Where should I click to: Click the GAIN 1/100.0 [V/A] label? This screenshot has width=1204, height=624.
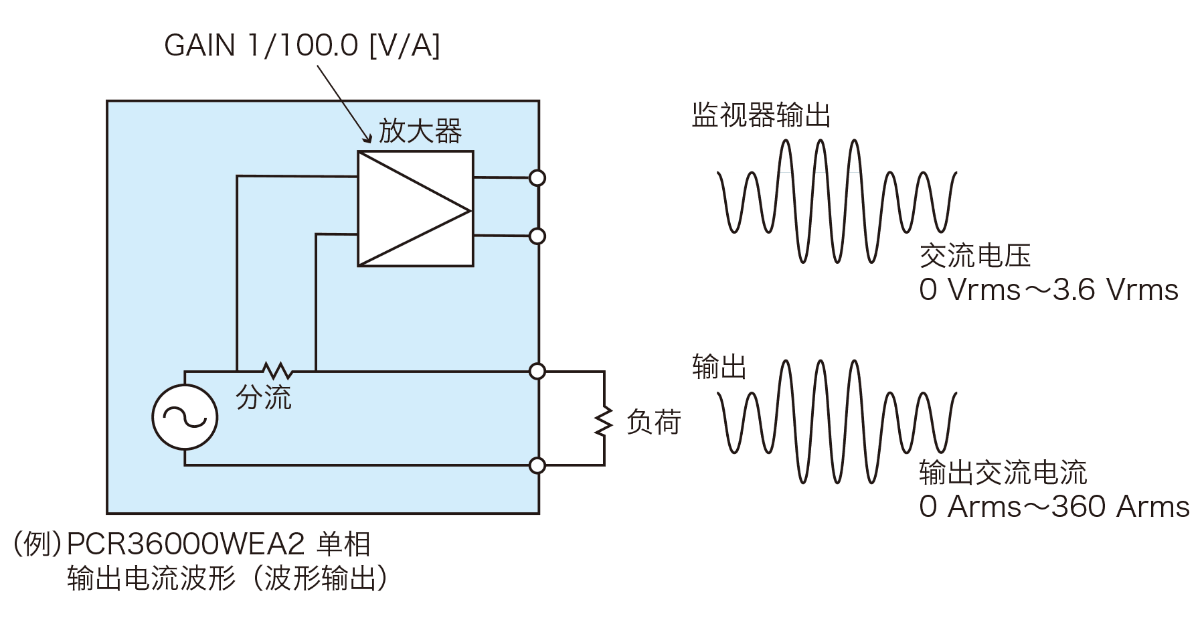pos(302,46)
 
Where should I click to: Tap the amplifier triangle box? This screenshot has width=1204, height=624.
pos(415,209)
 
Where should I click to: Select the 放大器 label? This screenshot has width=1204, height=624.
pos(420,131)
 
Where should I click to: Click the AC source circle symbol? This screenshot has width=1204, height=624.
pos(185,417)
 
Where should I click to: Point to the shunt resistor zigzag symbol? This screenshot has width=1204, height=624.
pos(276,370)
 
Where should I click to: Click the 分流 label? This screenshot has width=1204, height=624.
pos(264,398)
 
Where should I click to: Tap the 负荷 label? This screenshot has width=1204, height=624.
pos(653,422)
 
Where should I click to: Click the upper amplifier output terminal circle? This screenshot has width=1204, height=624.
pos(537,178)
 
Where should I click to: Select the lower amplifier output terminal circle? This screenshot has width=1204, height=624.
pos(537,236)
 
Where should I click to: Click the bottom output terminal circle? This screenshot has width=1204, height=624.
pos(537,465)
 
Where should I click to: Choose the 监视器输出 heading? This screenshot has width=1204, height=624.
pos(761,115)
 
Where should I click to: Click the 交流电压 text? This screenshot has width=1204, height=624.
pos(975,256)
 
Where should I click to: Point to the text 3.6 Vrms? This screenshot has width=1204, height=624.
pos(1115,290)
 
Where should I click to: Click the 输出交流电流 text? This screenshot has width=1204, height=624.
pos(1003,473)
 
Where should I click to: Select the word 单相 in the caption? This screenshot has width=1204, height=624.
pos(343,544)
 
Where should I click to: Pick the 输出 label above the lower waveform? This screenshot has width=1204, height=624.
pos(719,368)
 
